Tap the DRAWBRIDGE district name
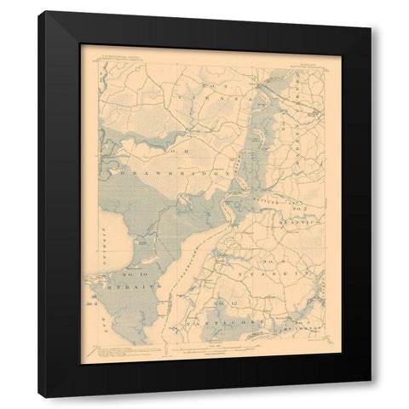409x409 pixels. pyautogui.click(x=182, y=174)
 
